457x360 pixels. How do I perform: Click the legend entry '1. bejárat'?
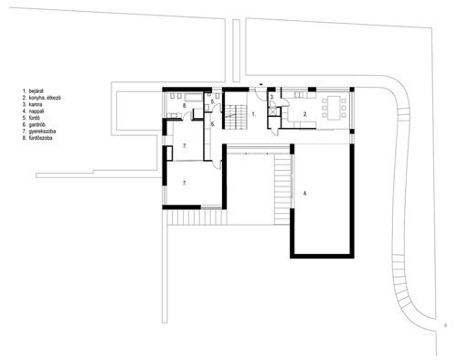[x=35, y=91]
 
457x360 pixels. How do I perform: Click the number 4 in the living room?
[x=305, y=194]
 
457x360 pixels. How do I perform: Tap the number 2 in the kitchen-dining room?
[x=304, y=114]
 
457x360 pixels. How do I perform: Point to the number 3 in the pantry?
[x=271, y=98]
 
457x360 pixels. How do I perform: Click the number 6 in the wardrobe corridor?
[x=212, y=123]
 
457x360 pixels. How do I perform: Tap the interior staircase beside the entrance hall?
[x=237, y=114]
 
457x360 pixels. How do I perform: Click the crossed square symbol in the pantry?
[x=272, y=110]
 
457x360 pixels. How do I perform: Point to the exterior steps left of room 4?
[x=282, y=187]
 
